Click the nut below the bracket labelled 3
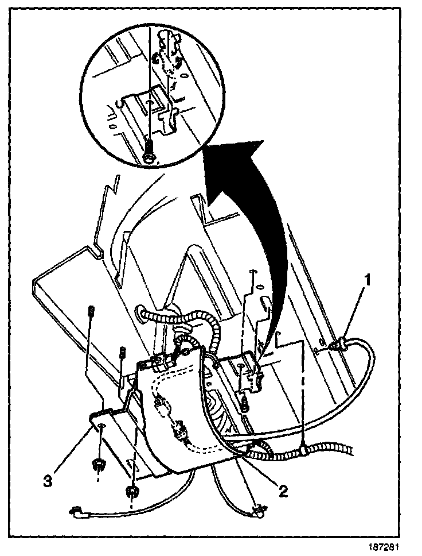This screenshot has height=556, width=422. [x=99, y=463]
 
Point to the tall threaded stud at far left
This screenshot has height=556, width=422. [x=91, y=313]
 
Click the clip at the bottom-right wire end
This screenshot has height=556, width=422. [x=259, y=508]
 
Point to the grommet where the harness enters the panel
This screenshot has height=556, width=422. [x=142, y=314]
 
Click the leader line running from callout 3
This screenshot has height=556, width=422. [x=72, y=451]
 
